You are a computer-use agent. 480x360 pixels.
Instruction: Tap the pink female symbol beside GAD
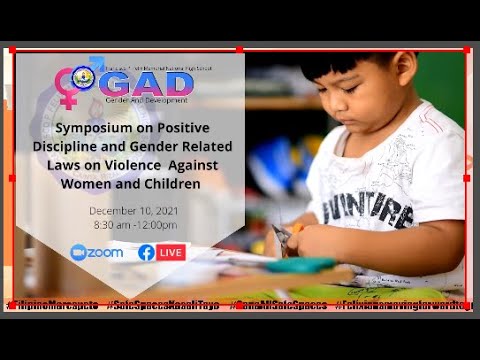pos(69,88)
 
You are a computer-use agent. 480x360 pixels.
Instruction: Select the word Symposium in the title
pos(96,129)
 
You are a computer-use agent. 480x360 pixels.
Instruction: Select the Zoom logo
pos(97,252)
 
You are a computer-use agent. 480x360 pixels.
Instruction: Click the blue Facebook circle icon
pos(146,252)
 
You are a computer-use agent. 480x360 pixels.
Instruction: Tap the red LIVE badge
pos(171,252)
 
